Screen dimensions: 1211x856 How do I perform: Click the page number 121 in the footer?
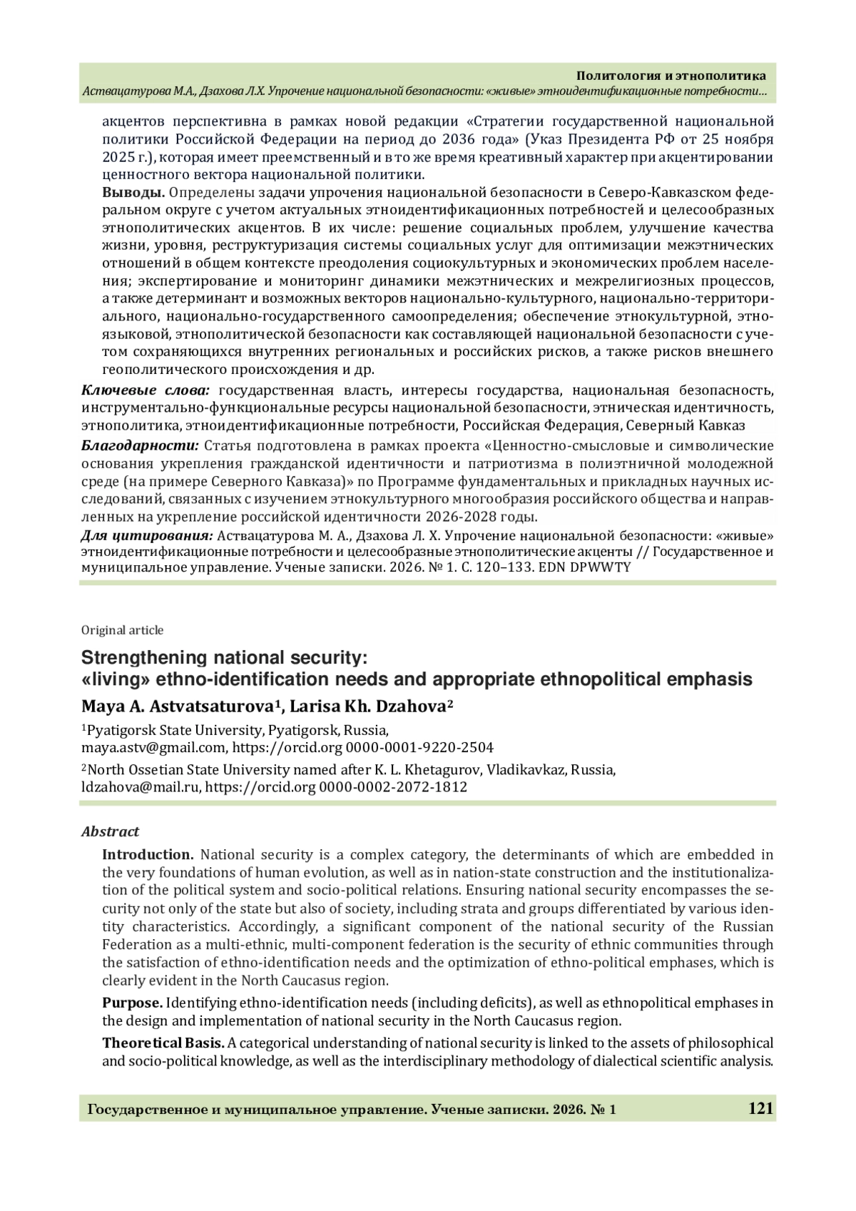tap(760, 1108)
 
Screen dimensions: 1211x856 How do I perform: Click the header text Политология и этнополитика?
tap(671, 76)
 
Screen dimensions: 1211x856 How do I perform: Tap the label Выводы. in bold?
tap(133, 193)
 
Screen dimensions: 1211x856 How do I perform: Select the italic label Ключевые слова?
tap(146, 390)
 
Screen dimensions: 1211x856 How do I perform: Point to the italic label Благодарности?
tap(140, 446)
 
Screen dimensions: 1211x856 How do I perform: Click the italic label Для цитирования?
tap(146, 535)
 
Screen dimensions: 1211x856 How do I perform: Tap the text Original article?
tap(122, 630)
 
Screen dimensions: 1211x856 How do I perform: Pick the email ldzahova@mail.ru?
tap(141, 787)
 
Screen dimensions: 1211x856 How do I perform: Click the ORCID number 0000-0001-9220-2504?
tap(419, 747)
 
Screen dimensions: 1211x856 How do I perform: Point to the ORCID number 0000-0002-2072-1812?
tap(393, 787)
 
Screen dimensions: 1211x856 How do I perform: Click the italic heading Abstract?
tap(110, 831)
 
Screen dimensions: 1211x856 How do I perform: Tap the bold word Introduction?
tap(148, 855)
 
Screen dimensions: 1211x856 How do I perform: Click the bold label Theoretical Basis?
tap(163, 1043)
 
